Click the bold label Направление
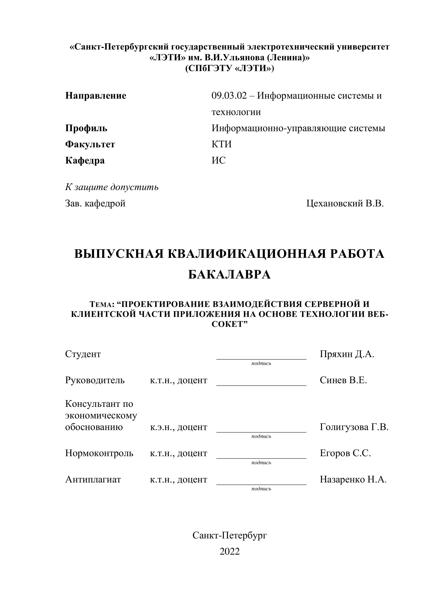coord(96,96)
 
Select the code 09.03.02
coord(229,96)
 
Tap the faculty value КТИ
coord(221,144)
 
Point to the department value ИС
coord(218,160)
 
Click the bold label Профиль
coord(86,128)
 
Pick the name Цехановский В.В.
coord(345,204)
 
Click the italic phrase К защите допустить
coord(112,187)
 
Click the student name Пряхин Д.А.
coord(347,354)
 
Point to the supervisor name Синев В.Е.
coord(343,380)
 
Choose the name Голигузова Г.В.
coord(354,427)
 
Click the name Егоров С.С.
coord(345,453)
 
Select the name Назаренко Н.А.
coord(353,480)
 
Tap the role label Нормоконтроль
coord(99,453)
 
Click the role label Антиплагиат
coord(93,480)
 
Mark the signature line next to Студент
coord(261,359)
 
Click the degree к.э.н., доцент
coord(179,427)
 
